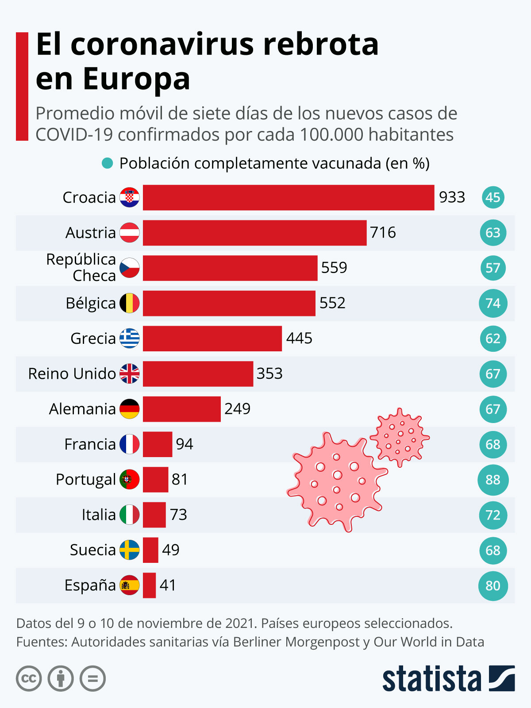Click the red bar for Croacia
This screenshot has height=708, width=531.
[288, 197]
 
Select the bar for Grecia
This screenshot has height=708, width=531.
[212, 339]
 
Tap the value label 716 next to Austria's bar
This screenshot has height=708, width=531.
[383, 232]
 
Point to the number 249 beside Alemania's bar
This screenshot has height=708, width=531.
[237, 408]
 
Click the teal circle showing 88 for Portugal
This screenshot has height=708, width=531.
[493, 480]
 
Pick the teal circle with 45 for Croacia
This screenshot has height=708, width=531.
[493, 197]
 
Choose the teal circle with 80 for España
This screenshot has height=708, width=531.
[493, 585]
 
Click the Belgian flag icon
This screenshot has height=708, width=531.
[130, 303]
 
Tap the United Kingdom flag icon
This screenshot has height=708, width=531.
[130, 373]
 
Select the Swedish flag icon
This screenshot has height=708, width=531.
[130, 550]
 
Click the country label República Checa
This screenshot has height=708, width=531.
[81, 267]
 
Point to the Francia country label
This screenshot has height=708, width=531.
[90, 444]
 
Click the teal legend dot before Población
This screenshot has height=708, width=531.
[107, 163]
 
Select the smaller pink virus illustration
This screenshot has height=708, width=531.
[400, 438]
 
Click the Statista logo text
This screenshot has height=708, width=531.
[431, 678]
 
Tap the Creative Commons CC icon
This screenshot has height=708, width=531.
[29, 678]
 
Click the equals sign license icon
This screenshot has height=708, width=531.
[92, 678]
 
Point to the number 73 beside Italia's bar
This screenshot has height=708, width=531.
[178, 515]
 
